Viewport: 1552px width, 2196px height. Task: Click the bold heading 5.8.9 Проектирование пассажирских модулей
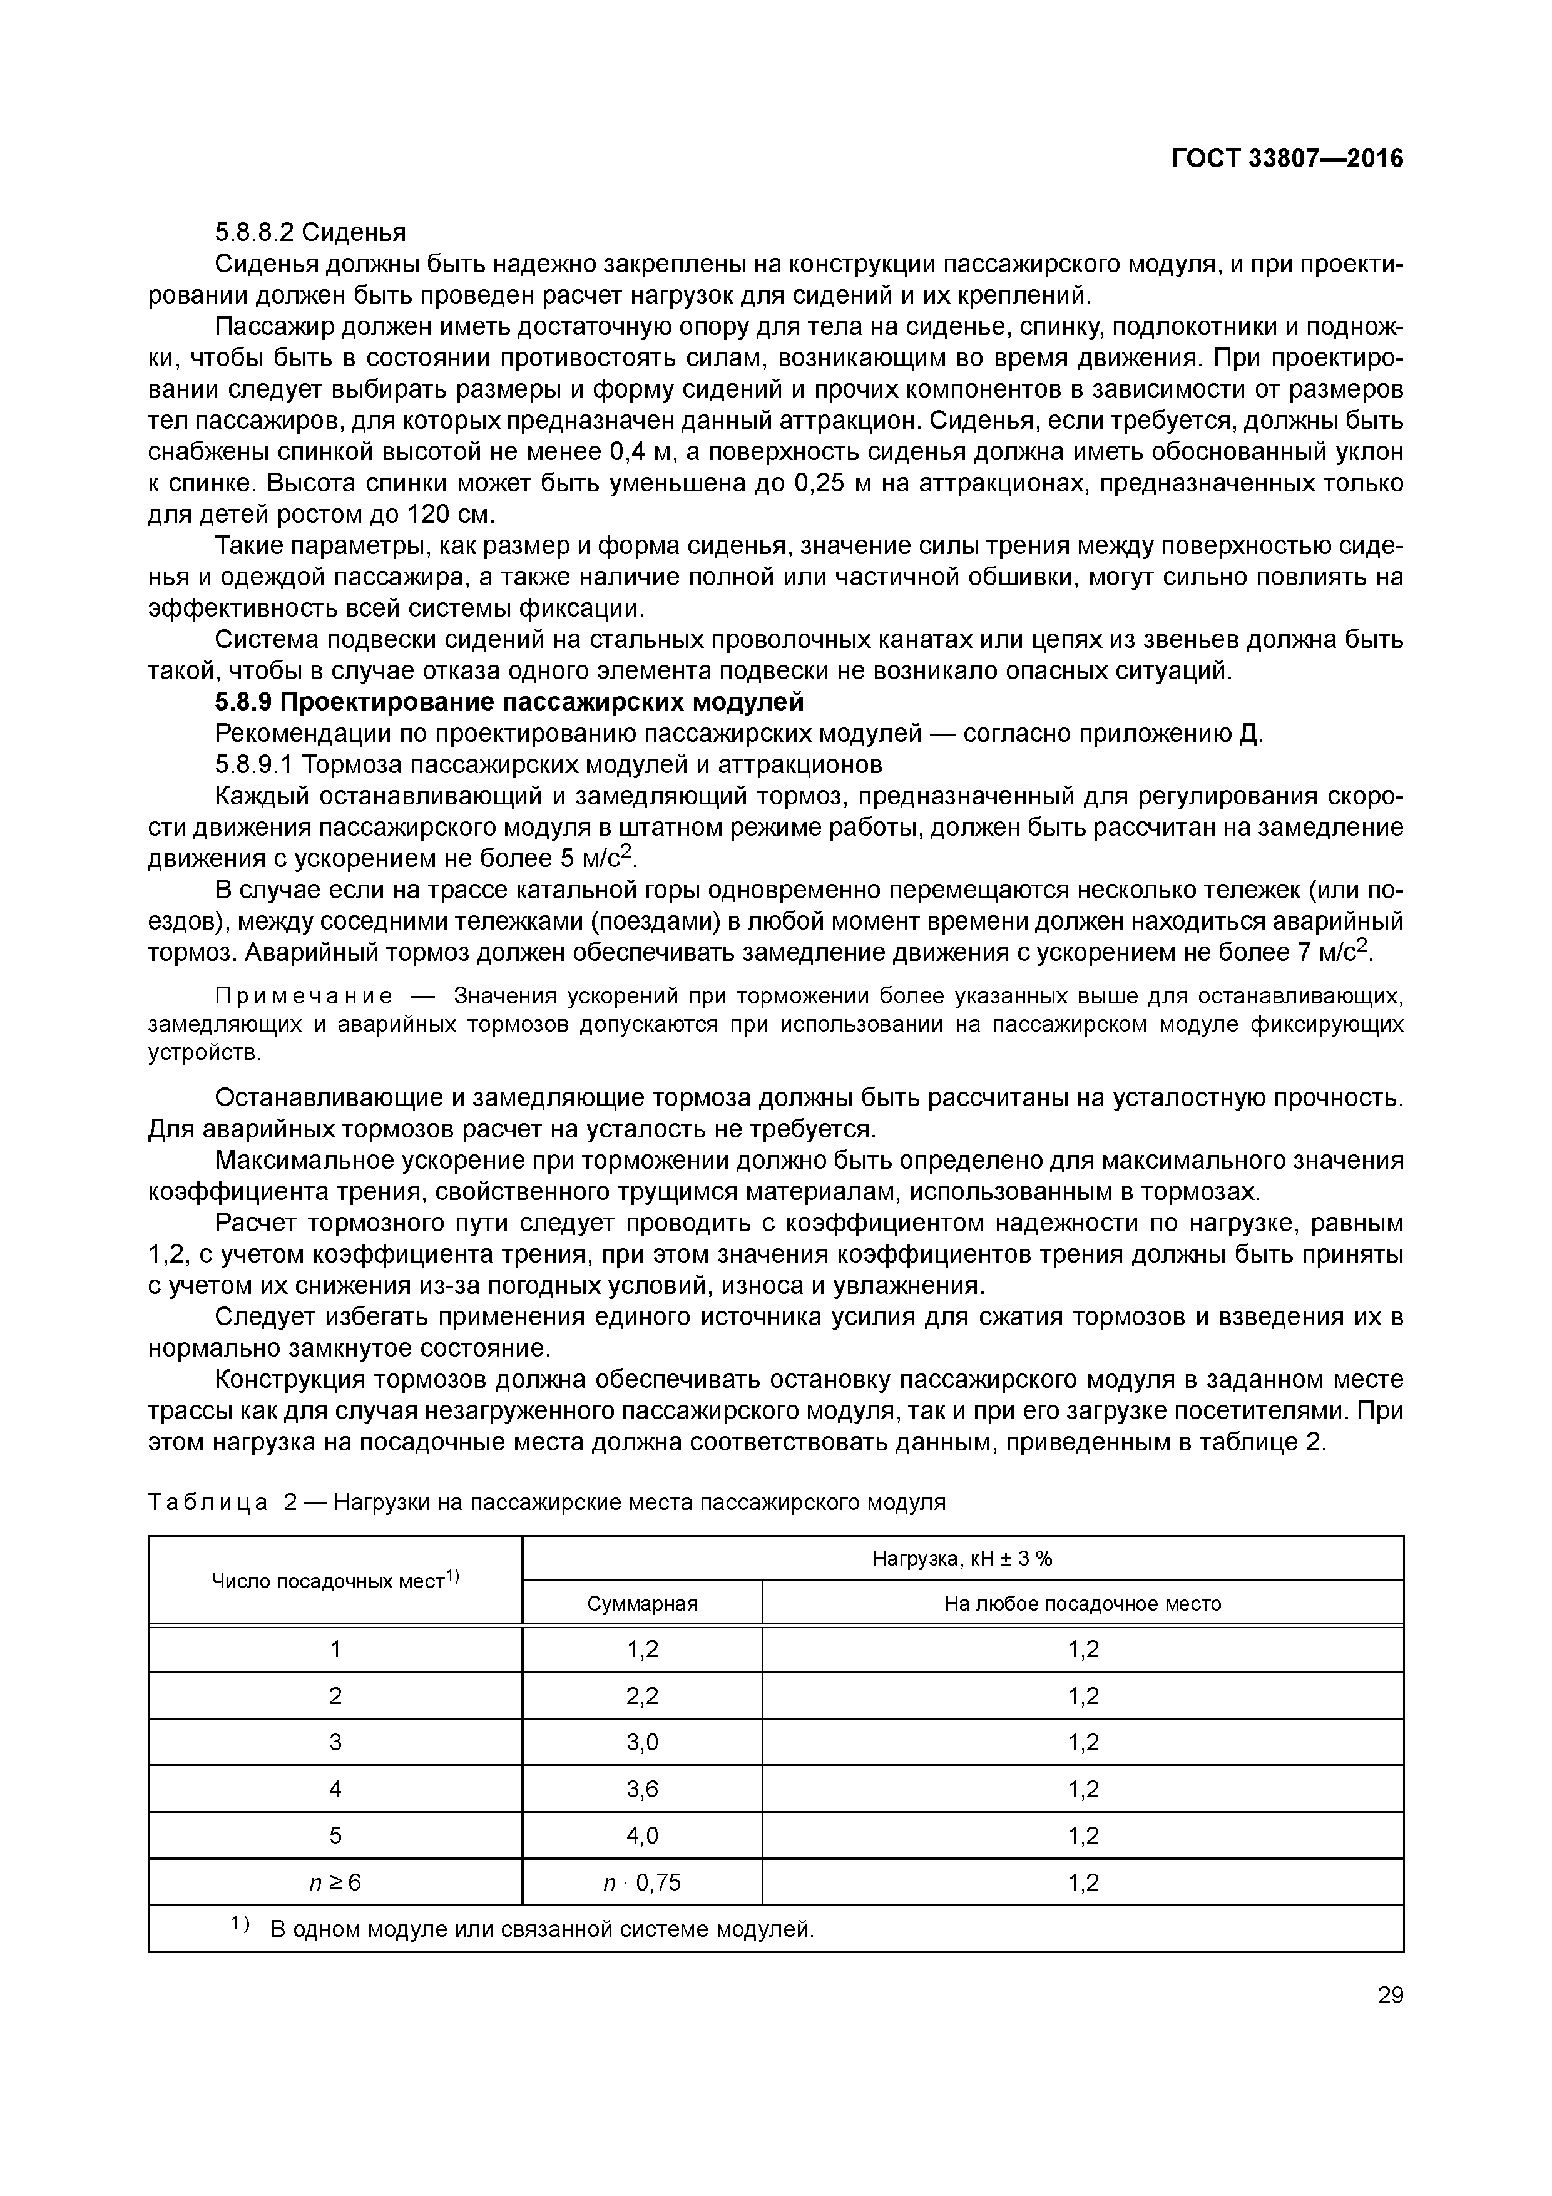click(509, 702)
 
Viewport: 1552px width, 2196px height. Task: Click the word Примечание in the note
click(303, 997)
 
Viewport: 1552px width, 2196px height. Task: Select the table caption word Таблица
click(208, 1502)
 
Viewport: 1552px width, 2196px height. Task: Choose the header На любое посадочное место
click(1083, 1604)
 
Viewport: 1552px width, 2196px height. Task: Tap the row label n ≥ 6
click(335, 1883)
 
